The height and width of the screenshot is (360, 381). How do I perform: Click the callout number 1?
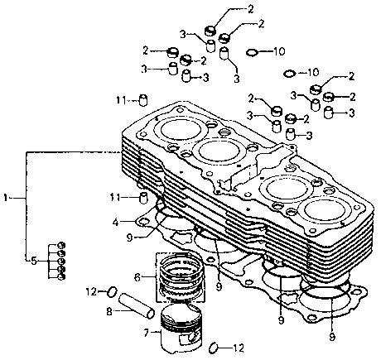coord(6,198)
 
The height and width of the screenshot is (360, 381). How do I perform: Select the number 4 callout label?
coord(116,222)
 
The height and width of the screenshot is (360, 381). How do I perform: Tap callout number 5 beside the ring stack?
coord(34,261)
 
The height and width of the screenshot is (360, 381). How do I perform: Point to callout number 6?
coord(137,277)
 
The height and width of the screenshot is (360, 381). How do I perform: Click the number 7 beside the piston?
coord(147,333)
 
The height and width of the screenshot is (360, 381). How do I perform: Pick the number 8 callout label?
coord(109,312)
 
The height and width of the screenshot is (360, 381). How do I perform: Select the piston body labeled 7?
coord(181,329)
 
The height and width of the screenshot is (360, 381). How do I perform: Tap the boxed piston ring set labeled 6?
coord(180,277)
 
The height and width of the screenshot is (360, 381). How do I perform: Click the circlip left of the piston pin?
coord(112,291)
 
